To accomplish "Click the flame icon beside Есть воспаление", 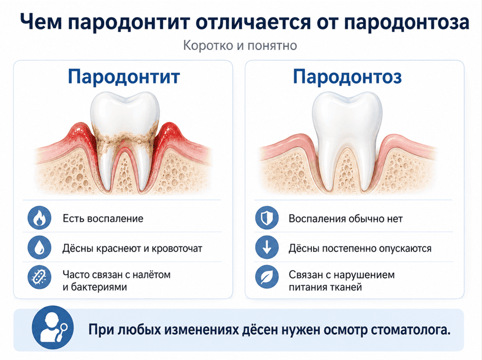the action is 39,218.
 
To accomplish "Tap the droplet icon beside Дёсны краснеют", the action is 39,248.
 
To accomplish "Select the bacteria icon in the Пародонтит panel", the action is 39,277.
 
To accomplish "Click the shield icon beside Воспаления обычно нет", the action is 267,218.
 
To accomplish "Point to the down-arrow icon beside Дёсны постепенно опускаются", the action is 267,248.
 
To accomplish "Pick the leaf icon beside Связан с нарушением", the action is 267,277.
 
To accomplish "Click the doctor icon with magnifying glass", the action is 53,328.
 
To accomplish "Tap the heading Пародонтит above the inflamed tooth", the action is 124,76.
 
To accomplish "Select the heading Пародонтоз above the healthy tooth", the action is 347,76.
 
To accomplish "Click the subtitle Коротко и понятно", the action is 240,46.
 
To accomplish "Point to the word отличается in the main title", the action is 252,22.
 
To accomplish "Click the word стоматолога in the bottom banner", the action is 410,330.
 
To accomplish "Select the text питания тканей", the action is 325,287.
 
